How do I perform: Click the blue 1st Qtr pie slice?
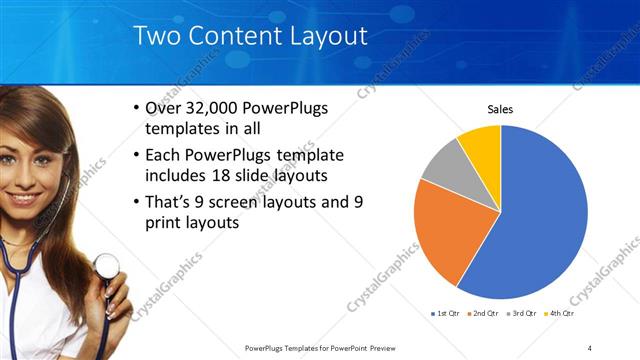pos(540,220)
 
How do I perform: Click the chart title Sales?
pos(500,109)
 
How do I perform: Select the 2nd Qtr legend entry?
pos(484,314)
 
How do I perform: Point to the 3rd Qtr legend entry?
pos(524,314)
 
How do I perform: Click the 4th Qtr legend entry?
pos(560,314)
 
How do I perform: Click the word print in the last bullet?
pos(167,224)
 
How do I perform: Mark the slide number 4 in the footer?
pos(590,348)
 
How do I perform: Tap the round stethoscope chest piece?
pos(106,266)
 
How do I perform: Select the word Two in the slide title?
pos(155,37)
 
